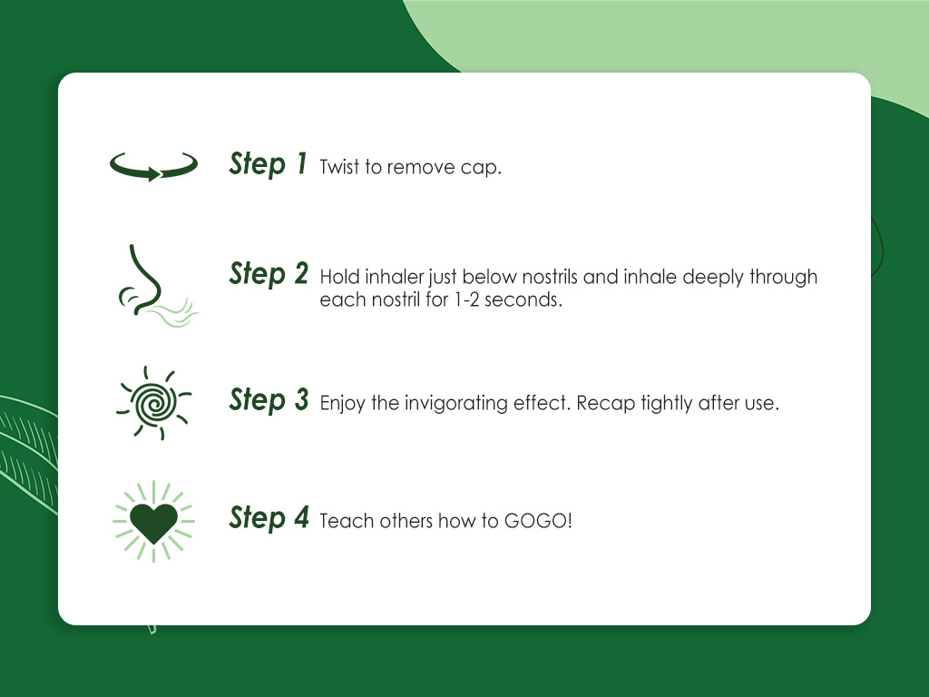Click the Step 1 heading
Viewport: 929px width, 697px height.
[269, 164]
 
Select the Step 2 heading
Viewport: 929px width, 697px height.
[269, 273]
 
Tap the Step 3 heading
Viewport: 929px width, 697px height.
[269, 400]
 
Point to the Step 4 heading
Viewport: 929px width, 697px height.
[269, 518]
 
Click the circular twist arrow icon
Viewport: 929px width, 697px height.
[153, 167]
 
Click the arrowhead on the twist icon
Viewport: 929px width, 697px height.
[152, 174]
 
